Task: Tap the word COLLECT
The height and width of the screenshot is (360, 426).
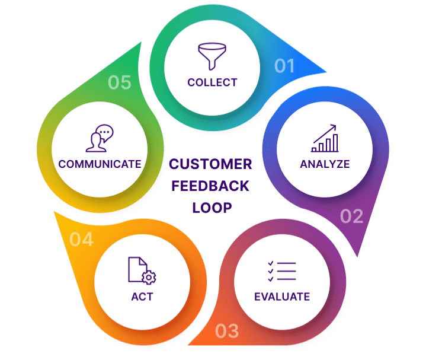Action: click(x=212, y=82)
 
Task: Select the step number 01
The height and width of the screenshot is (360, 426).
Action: click(x=284, y=66)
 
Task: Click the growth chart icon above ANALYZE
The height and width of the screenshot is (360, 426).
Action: click(x=325, y=138)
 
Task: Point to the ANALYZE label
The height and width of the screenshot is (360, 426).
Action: click(x=325, y=164)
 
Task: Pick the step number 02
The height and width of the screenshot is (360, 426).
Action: click(x=351, y=216)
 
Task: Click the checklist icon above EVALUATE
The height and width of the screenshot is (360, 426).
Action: click(x=281, y=270)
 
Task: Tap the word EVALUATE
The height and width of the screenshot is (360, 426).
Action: click(x=281, y=296)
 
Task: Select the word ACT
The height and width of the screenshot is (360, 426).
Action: click(x=142, y=296)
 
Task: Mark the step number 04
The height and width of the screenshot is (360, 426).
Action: click(x=81, y=240)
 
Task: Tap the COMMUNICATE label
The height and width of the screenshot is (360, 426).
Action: click(x=100, y=164)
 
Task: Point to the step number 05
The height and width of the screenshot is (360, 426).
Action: click(x=119, y=82)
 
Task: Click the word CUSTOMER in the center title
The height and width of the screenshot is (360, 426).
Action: click(x=211, y=164)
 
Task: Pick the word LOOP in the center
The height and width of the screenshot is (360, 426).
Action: click(x=211, y=208)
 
